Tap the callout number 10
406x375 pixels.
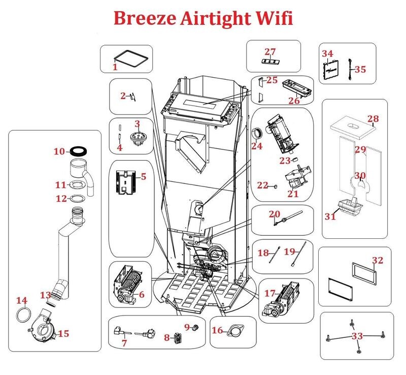59,151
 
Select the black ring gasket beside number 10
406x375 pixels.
79,150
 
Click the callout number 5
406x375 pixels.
144,177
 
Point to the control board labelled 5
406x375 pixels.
125,182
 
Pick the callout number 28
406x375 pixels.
373,119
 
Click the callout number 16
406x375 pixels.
217,330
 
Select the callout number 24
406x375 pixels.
257,146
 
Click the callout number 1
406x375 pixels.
115,67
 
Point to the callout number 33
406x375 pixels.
357,336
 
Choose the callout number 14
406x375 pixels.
22,300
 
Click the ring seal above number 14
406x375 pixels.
24,315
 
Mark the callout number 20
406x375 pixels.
275,214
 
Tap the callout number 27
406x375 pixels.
270,52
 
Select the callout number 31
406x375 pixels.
330,216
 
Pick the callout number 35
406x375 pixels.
360,69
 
